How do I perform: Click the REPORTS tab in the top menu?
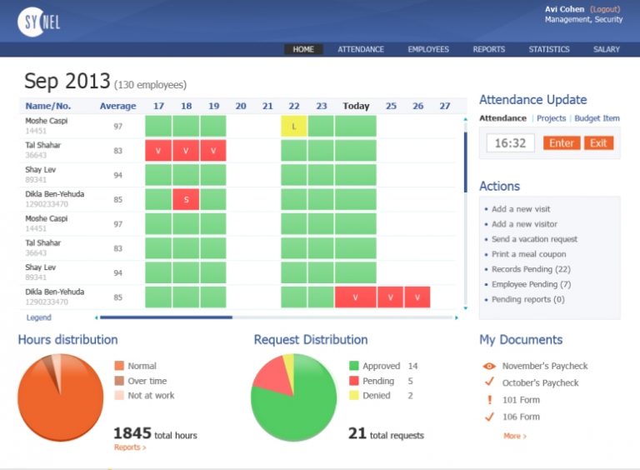[488, 49]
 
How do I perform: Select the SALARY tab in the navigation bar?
[606, 49]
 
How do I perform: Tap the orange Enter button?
[561, 143]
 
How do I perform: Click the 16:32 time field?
[510, 143]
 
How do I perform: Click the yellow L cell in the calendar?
[294, 127]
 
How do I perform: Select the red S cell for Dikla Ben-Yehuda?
[186, 200]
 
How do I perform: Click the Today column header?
[356, 106]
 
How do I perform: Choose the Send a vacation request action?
[534, 239]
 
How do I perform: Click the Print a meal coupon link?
[528, 254]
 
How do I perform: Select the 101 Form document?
[521, 400]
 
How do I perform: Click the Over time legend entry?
[147, 381]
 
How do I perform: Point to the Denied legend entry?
[376, 396]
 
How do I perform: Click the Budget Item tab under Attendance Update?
[597, 118]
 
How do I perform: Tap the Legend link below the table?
[38, 317]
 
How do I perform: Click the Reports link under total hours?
[129, 448]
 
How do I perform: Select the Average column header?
[117, 106]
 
